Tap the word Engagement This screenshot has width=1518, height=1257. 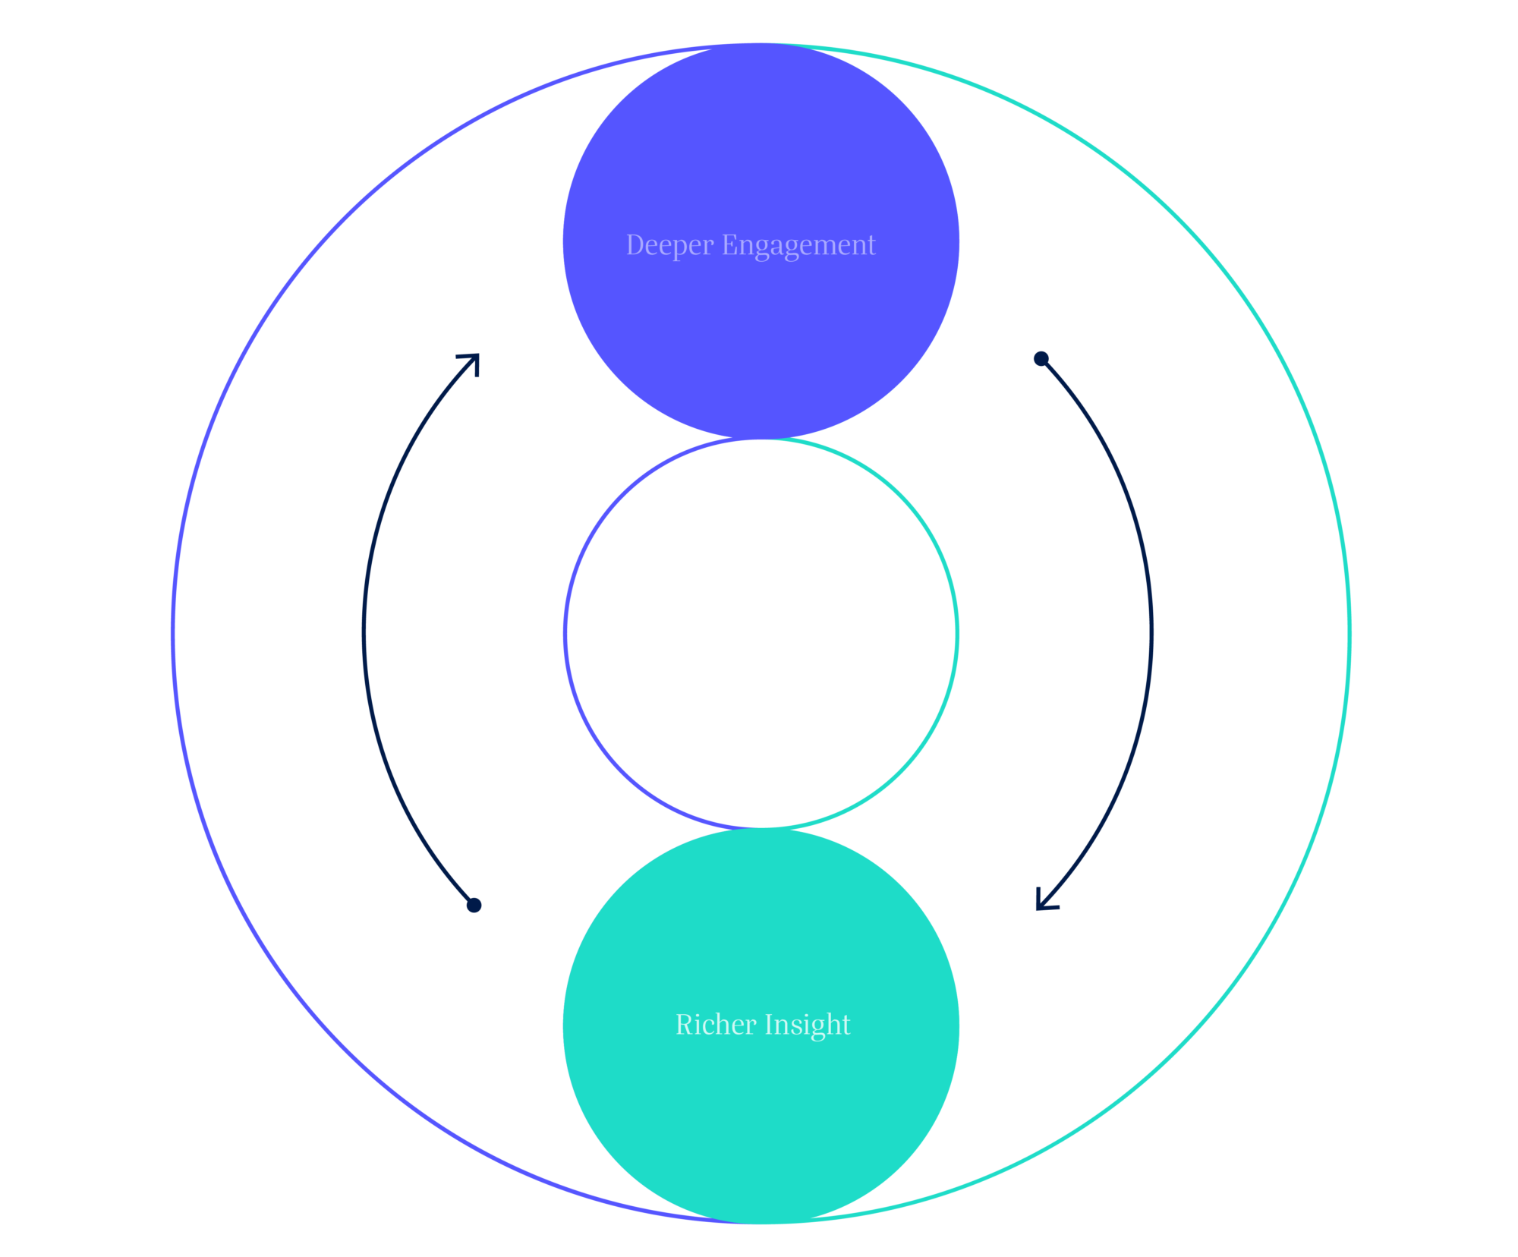tap(798, 245)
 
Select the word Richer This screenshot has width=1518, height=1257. tap(716, 1025)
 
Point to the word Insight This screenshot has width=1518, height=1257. tap(808, 1025)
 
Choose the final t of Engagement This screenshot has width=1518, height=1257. tap(871, 245)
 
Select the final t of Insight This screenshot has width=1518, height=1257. tap(846, 1025)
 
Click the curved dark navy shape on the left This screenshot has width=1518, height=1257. tap(471, 645)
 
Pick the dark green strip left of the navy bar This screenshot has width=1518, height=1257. tap(1065, 645)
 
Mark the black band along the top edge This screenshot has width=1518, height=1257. tap(759, 20)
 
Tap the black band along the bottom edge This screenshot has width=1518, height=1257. tap(759, 1241)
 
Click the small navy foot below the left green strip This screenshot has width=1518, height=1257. tap(1045, 899)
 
